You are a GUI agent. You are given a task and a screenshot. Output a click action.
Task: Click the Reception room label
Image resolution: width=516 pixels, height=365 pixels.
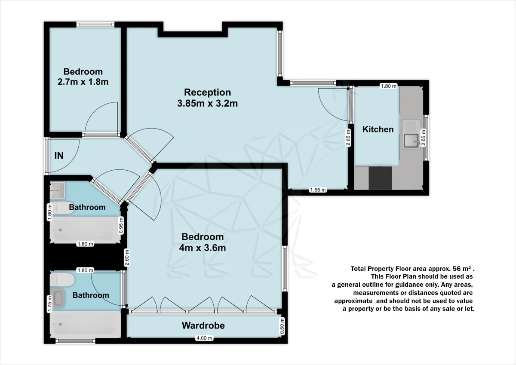(x=207, y=92)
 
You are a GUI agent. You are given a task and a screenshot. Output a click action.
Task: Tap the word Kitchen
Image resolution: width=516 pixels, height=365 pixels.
(x=378, y=129)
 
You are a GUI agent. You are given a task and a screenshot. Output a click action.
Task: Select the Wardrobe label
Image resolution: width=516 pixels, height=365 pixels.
(x=203, y=325)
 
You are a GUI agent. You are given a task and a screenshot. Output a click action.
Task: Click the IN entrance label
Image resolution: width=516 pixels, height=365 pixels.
(x=59, y=156)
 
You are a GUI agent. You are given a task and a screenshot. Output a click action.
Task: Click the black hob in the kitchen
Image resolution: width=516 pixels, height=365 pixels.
(x=380, y=178)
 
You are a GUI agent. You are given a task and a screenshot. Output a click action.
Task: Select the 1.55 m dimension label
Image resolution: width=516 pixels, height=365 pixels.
(x=318, y=190)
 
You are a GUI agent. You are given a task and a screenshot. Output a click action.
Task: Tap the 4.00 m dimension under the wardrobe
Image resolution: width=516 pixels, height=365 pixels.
(x=204, y=338)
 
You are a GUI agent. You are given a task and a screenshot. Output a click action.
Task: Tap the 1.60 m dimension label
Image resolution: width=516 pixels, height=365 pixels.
(x=49, y=212)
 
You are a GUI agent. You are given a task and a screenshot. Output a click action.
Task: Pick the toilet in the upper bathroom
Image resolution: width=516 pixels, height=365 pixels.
(x=63, y=208)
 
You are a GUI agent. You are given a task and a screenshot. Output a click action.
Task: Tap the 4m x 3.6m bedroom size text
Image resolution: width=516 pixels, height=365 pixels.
(x=203, y=248)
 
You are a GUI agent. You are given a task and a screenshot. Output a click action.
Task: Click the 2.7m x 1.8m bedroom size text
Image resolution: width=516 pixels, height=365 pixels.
(x=83, y=82)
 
